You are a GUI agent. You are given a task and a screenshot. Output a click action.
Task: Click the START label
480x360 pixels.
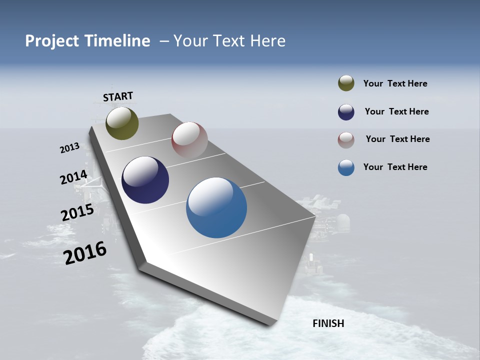pyautogui.click(x=118, y=96)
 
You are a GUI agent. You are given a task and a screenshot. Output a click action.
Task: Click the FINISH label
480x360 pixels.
pyautogui.click(x=328, y=323)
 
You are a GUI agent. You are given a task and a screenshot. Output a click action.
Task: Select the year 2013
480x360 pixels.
pyautogui.click(x=69, y=148)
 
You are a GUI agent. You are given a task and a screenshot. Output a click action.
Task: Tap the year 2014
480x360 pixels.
pyautogui.click(x=73, y=177)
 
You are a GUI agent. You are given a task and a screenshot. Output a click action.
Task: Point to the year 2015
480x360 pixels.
pyautogui.click(x=77, y=212)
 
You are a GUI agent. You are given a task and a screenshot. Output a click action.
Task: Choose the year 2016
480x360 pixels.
pyautogui.click(x=85, y=253)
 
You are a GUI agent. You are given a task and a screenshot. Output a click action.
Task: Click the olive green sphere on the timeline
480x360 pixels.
pyautogui.click(x=122, y=123)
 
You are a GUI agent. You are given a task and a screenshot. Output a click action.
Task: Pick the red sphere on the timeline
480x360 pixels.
pyautogui.click(x=189, y=140)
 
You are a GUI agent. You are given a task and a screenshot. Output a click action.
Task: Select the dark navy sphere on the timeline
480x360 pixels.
pyautogui.click(x=145, y=180)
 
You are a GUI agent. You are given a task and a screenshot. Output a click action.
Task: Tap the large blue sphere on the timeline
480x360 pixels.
pyautogui.click(x=216, y=207)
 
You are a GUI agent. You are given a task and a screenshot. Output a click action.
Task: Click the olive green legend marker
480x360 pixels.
pyautogui.click(x=346, y=83)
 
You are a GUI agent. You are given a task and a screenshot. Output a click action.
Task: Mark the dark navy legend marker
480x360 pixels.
pyautogui.click(x=346, y=112)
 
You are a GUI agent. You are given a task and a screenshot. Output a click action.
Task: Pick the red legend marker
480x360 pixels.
pyautogui.click(x=346, y=140)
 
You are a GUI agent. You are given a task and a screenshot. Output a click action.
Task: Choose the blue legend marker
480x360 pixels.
pyautogui.click(x=346, y=167)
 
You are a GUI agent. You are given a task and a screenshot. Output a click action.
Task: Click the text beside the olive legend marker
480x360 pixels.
pyautogui.click(x=395, y=83)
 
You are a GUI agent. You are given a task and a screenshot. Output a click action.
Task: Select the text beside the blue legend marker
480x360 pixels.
pyautogui.click(x=395, y=167)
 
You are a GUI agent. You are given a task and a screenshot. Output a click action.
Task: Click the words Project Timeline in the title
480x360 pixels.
pyautogui.click(x=87, y=41)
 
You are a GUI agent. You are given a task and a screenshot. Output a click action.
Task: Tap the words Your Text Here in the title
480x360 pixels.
pyautogui.click(x=229, y=41)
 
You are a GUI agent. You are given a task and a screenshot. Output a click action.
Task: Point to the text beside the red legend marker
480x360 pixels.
pyautogui.click(x=397, y=139)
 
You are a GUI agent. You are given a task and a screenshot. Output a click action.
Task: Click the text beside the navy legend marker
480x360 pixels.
pyautogui.click(x=396, y=111)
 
